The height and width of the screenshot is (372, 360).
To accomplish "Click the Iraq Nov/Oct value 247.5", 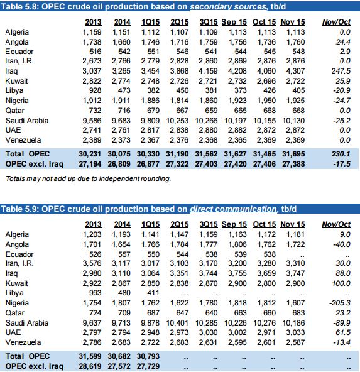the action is pyautogui.click(x=341, y=71).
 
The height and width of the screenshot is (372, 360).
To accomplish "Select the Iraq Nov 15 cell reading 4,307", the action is pyautogui.click(x=295, y=71).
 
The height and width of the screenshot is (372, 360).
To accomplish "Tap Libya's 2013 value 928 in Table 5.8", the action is pyautogui.click(x=95, y=90).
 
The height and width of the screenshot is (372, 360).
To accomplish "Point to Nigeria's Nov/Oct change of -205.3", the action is pyautogui.click(x=340, y=303).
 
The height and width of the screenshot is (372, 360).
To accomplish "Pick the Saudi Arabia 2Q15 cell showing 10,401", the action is pyautogui.click(x=177, y=323).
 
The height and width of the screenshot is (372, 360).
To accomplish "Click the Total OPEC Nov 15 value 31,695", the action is pyautogui.click(x=293, y=154).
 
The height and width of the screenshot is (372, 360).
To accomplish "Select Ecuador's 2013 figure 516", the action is pyautogui.click(x=95, y=52).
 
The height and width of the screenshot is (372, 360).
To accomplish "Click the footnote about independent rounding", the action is pyautogui.click(x=88, y=178).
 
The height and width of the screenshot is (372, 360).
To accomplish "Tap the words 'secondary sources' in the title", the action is pyautogui.click(x=228, y=7).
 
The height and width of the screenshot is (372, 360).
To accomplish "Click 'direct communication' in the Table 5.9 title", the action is pyautogui.click(x=233, y=209).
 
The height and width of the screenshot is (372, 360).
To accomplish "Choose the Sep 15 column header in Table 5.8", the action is pyautogui.click(x=234, y=22).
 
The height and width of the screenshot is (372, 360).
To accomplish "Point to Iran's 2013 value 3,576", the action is pyautogui.click(x=92, y=263).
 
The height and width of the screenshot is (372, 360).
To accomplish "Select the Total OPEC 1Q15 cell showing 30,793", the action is pyautogui.click(x=148, y=356).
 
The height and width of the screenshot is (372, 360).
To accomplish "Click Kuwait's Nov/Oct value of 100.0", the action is pyautogui.click(x=341, y=283).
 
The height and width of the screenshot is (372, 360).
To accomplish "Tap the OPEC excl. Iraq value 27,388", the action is pyautogui.click(x=293, y=164).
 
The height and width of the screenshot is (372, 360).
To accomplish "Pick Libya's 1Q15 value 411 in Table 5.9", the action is pyautogui.click(x=153, y=293).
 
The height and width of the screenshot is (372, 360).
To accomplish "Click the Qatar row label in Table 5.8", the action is pyautogui.click(x=14, y=111).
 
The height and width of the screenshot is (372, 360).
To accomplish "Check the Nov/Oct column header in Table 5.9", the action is pyautogui.click(x=336, y=224).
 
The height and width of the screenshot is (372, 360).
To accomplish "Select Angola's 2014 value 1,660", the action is pyautogui.click(x=121, y=42).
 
